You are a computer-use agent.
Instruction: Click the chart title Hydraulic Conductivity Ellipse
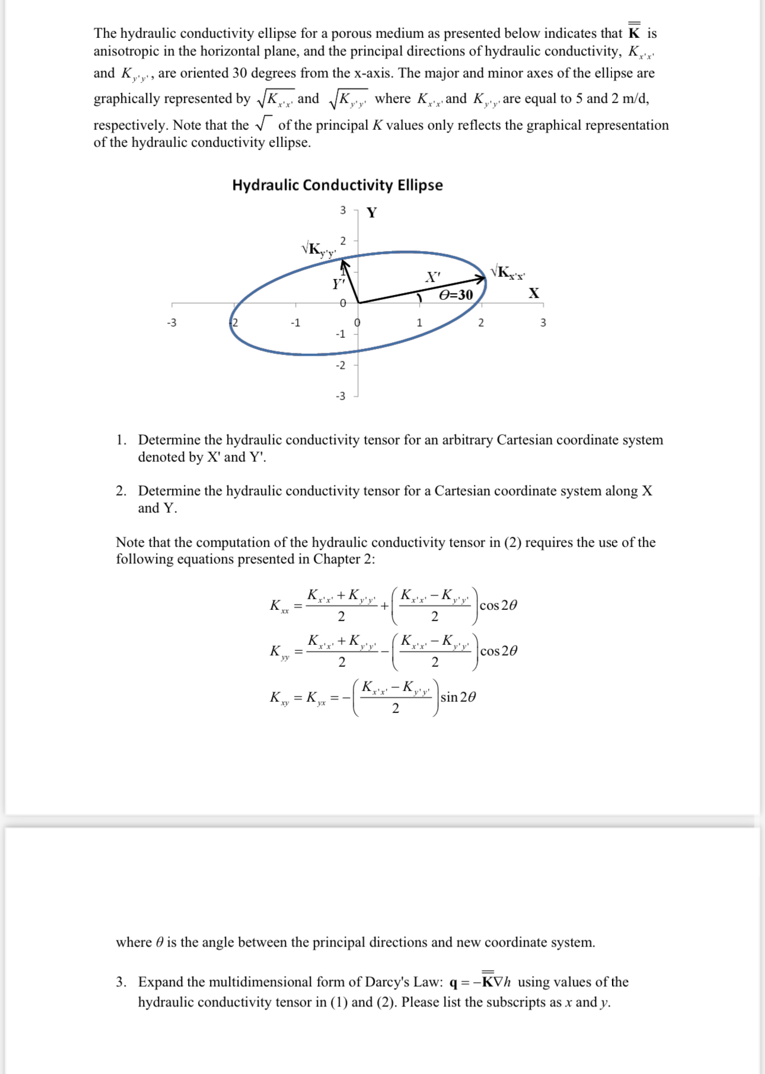337,185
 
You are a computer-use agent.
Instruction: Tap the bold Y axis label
371,213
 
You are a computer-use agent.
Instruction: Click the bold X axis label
534,293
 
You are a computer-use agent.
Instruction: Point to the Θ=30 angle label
456,295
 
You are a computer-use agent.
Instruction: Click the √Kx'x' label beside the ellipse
508,273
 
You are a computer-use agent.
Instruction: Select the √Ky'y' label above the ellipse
318,250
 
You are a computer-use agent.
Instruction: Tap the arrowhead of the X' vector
482,279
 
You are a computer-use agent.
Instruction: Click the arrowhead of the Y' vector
344,261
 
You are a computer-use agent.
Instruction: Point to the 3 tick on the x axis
543,323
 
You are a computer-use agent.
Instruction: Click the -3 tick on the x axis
171,323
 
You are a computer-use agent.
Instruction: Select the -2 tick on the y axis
340,365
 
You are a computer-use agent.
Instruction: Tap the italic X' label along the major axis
434,277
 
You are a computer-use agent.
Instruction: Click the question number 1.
121,440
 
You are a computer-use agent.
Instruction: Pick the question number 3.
121,982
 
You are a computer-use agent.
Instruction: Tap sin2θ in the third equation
458,697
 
